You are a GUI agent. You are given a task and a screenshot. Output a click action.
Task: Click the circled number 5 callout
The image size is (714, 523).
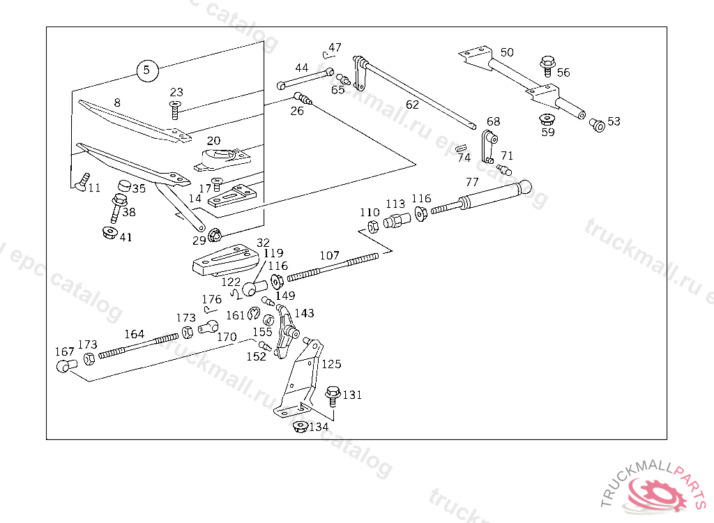pos(147,70)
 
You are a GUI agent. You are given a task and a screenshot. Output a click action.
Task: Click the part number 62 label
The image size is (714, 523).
pos(412,105)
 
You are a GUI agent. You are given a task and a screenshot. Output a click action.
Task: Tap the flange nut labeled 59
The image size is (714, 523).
pos(547,119)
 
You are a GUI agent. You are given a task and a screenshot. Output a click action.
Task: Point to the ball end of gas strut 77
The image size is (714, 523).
pos(524,187)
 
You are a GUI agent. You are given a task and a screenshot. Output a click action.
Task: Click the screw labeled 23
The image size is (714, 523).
pos(174,109)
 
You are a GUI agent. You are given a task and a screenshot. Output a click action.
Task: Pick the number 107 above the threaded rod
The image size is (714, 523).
pos(329,255)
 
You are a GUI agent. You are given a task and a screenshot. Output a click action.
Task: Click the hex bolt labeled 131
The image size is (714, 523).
pos(333,396)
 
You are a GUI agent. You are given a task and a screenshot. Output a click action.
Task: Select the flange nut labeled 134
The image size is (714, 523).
pos(300,427)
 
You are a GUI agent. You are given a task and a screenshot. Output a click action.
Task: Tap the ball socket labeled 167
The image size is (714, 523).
pos(66,366)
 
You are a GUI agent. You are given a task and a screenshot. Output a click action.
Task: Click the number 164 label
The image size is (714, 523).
pos(135,334)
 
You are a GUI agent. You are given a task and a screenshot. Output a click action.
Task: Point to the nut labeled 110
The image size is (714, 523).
pos(373,226)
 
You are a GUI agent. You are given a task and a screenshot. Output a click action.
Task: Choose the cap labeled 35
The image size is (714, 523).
pos(124,186)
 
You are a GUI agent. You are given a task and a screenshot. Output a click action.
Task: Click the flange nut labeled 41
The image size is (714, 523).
pos(109,233)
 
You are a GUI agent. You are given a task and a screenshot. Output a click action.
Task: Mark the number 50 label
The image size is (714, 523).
pos(507,52)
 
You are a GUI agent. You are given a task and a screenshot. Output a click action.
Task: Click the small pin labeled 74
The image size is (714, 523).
pos(462,148)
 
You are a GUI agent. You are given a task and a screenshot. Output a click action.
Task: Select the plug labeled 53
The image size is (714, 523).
pos(597,125)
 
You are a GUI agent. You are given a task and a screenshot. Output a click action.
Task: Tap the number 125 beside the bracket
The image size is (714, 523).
pos(331,364)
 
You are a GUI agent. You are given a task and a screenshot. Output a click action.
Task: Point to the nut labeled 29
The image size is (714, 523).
pos(214,235)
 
